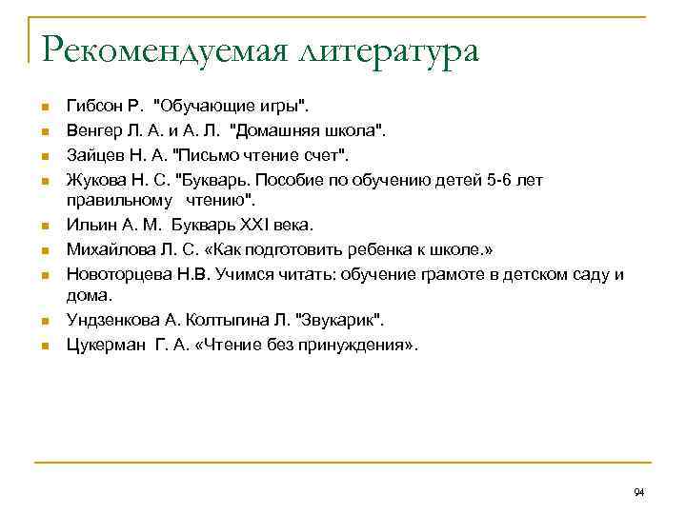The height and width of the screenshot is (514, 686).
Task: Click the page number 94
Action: (638, 492)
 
